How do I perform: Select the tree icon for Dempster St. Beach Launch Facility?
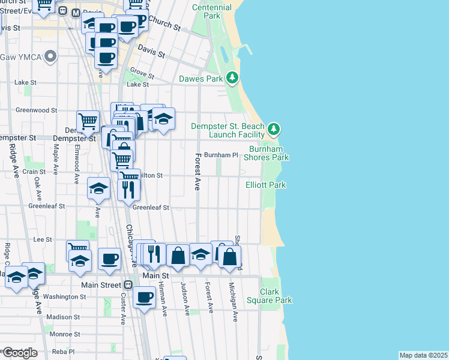click(274, 128)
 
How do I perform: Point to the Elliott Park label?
click(265, 185)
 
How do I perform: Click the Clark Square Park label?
click(276, 295)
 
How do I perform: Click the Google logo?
click(19, 352)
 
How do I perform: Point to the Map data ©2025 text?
click(423, 355)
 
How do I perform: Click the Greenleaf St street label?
click(151, 208)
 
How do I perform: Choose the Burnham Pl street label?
click(221, 155)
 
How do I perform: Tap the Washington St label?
click(65, 296)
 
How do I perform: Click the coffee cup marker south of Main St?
click(144, 296)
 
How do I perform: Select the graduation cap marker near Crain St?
click(98, 188)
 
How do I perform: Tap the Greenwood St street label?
click(36, 110)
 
